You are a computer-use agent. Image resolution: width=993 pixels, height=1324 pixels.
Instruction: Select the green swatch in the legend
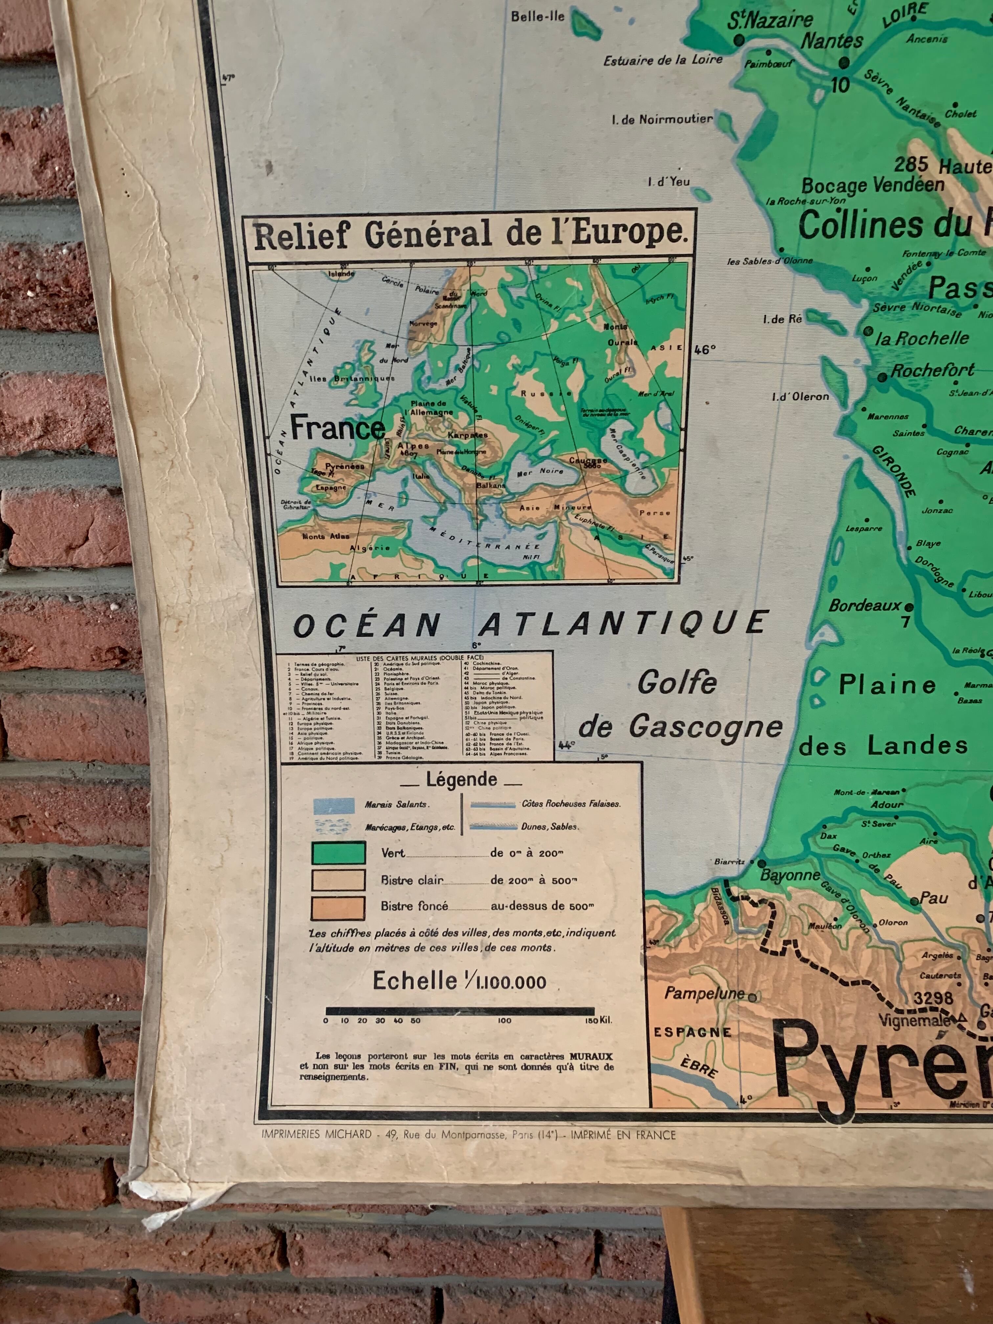point(338,852)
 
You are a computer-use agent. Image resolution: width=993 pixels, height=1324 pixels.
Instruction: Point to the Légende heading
point(461,779)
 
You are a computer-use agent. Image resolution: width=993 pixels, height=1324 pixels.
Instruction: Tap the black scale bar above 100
point(504,1011)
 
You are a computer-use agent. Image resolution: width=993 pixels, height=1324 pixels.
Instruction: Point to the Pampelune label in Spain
point(704,993)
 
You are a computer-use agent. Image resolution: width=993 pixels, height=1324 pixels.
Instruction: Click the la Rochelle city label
point(922,338)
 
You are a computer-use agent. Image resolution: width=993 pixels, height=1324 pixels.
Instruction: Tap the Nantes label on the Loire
point(832,41)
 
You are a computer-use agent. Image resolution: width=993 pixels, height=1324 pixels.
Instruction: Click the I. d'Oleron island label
point(800,396)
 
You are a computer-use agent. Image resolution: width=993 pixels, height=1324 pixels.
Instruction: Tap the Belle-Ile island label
point(538,16)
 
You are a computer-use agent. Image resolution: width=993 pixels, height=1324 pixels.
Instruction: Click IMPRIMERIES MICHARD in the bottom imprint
point(317,1134)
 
